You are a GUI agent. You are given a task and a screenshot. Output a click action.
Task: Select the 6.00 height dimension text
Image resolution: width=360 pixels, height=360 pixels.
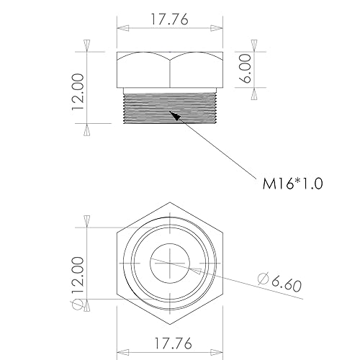pos(247,70)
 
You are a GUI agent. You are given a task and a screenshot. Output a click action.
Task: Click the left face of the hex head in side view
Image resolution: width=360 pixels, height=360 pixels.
pos(143,69)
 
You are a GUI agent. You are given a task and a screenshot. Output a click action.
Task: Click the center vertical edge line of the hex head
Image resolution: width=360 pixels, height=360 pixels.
pos(170,70)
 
